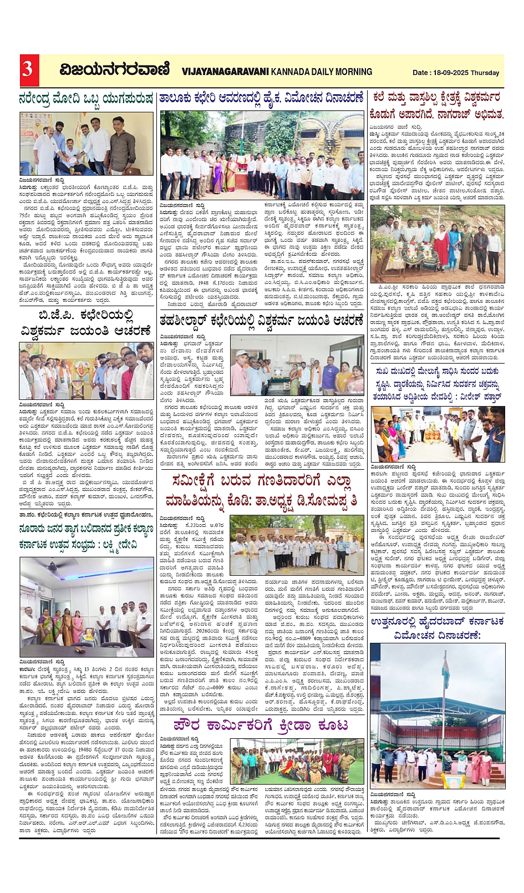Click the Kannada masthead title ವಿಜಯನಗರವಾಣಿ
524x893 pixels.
coord(115,70)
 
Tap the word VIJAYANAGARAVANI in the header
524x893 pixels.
coord(225,72)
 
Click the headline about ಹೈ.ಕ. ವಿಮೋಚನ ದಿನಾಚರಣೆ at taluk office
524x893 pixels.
coord(261,98)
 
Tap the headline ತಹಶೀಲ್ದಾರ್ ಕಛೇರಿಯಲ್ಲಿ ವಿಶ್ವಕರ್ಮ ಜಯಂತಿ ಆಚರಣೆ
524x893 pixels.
coord(261,321)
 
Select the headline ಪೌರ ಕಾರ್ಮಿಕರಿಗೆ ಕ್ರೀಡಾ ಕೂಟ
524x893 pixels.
coord(261,725)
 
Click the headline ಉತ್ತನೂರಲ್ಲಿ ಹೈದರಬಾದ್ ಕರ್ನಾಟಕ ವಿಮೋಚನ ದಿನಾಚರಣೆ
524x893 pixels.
coord(437,627)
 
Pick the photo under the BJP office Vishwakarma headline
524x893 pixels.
coord(86,371)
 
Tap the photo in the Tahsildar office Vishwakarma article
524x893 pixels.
coord(297,365)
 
